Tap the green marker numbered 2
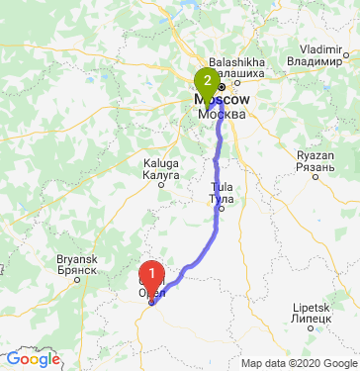(207, 79)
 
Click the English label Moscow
(221, 101)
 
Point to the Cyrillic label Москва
(220, 113)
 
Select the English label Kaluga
(161, 162)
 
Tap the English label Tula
(221, 188)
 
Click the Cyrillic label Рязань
(317, 167)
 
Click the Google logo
(33, 359)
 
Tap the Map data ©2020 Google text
(298, 363)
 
